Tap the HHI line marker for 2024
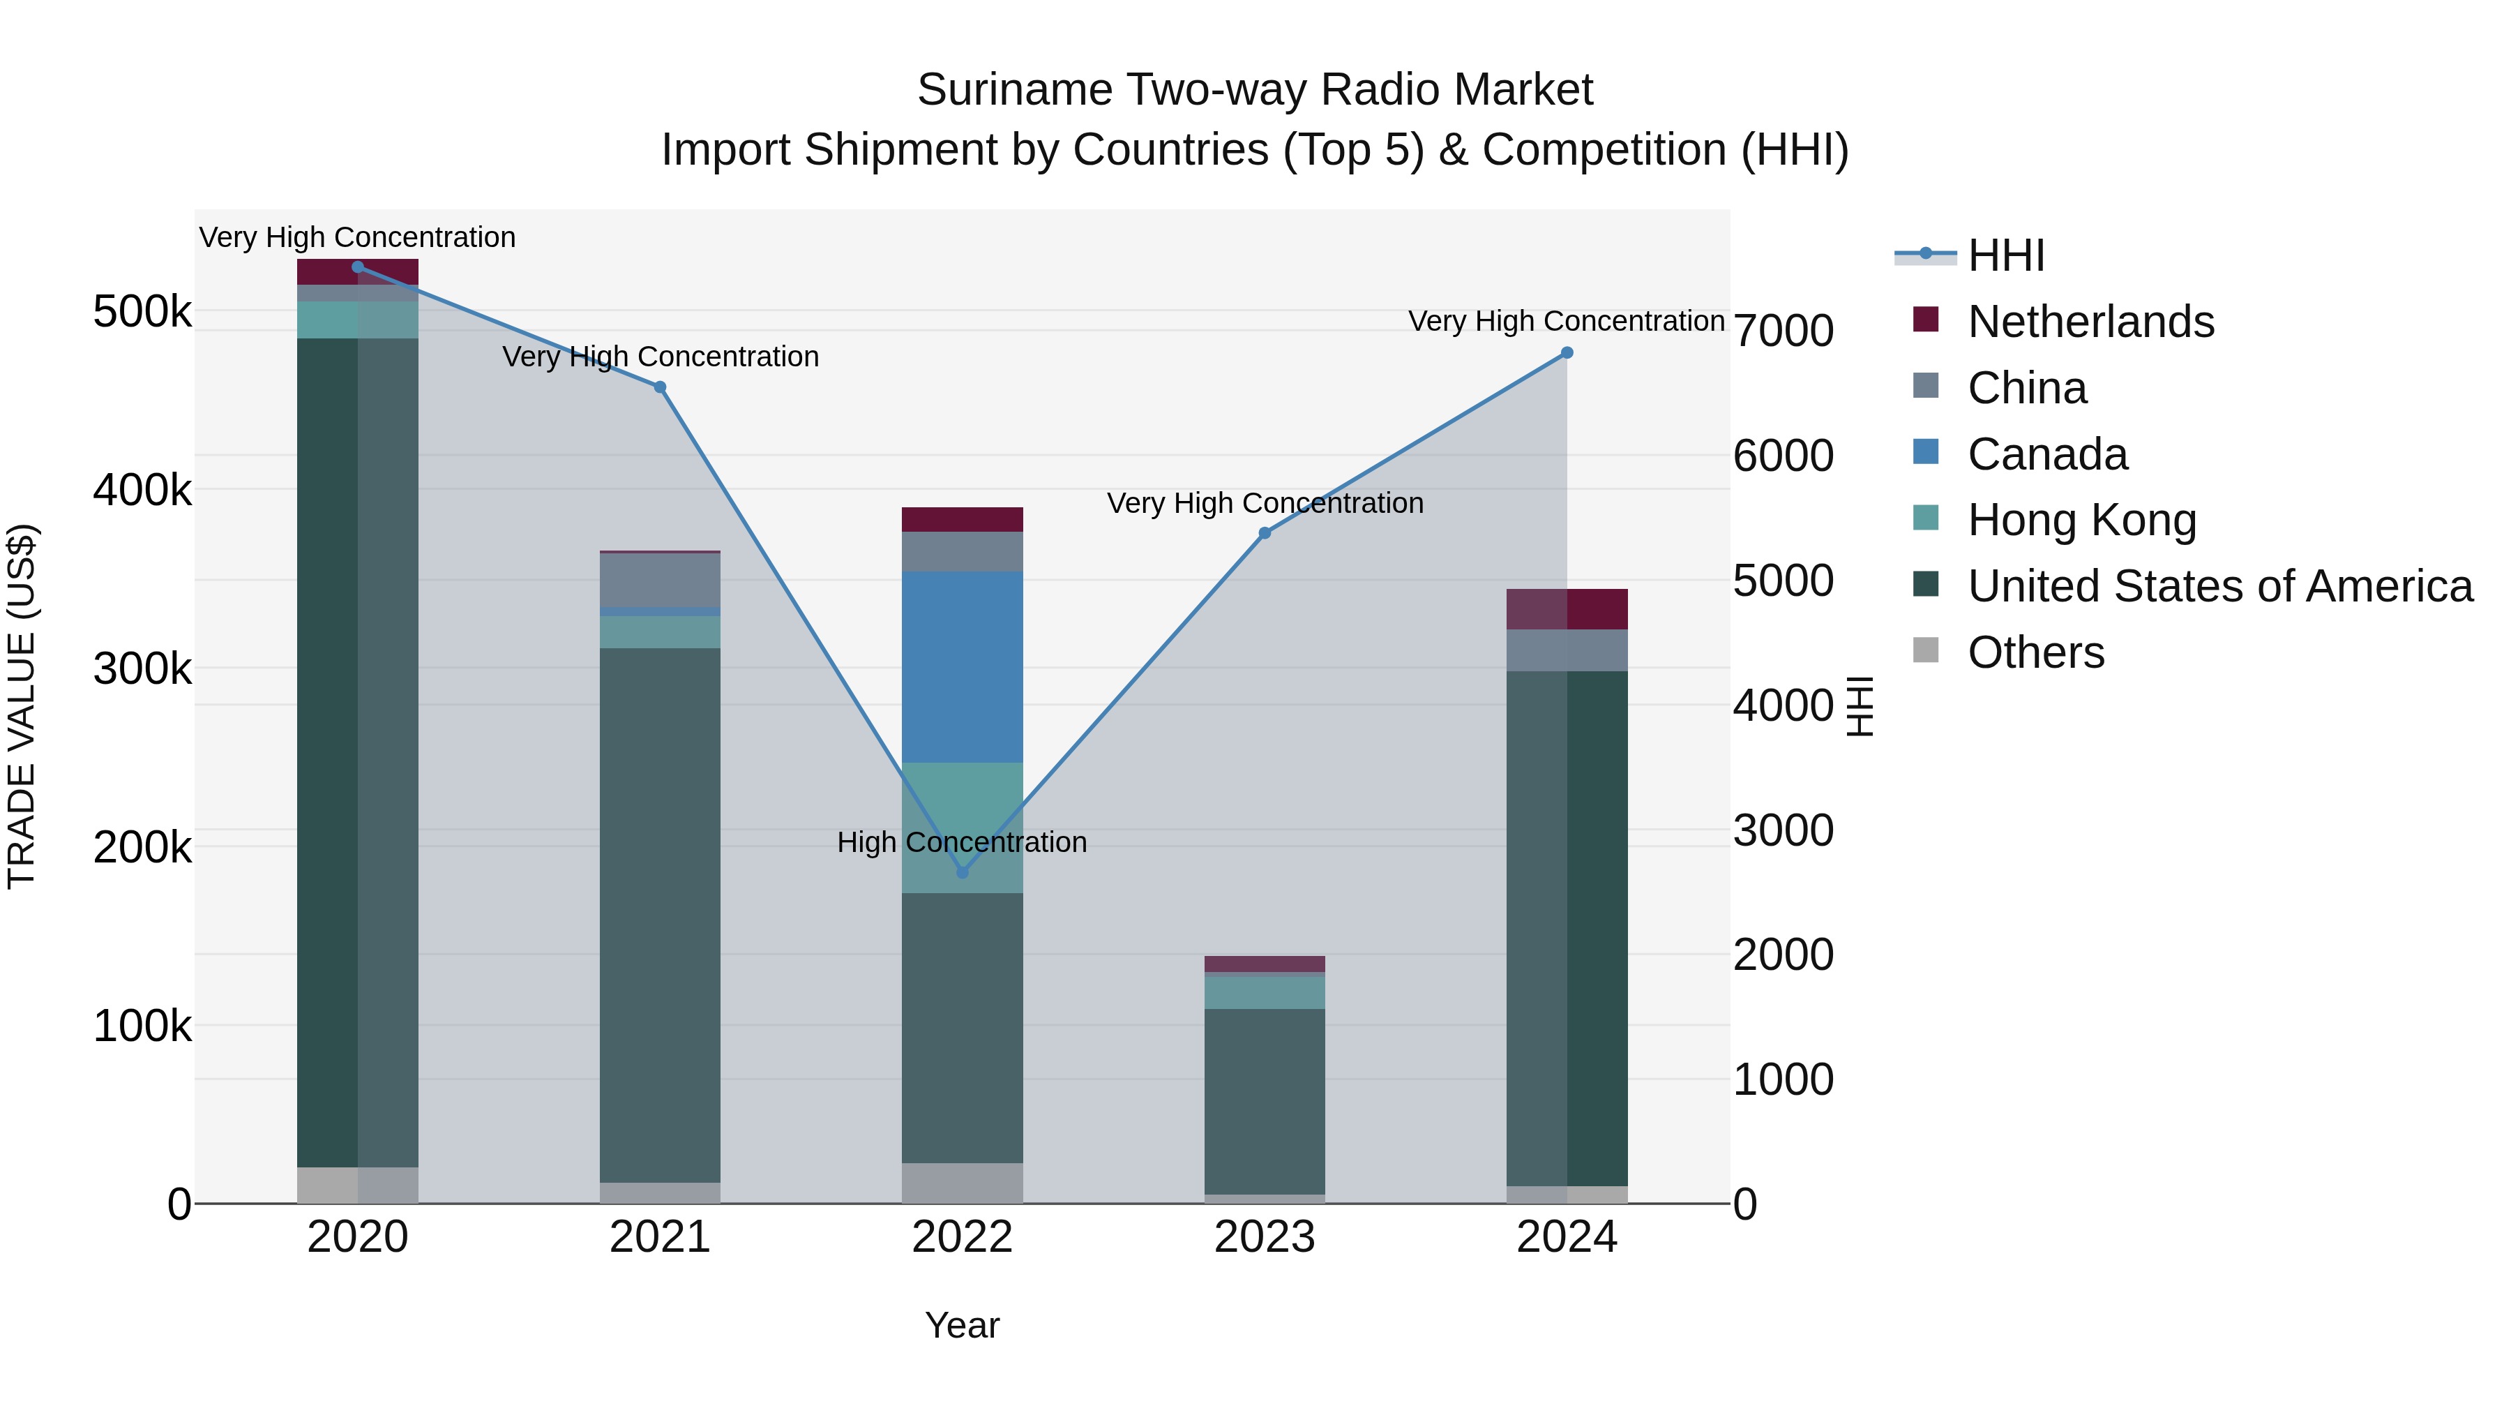point(1567,353)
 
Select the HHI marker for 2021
point(660,387)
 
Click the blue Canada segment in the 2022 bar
point(962,667)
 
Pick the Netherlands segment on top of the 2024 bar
point(1567,609)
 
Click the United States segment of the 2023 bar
point(1265,1101)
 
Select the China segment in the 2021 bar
point(660,581)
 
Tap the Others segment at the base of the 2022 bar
point(962,1183)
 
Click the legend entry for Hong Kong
point(2081,520)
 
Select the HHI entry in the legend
point(2005,255)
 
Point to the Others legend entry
point(2035,652)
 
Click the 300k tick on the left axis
point(142,669)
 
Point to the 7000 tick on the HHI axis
point(1783,331)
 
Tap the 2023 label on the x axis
point(1265,1237)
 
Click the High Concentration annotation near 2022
point(961,842)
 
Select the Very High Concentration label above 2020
point(356,237)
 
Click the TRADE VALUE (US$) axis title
point(22,706)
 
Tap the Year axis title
point(962,1325)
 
